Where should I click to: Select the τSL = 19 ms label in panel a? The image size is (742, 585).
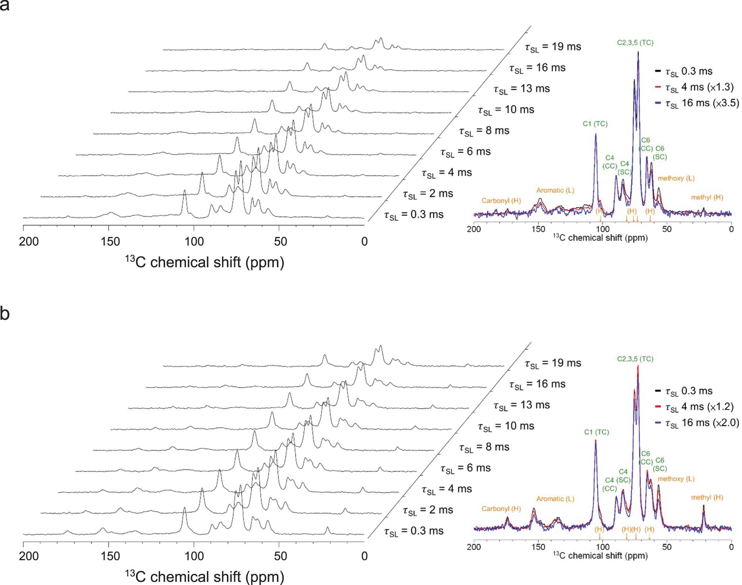point(552,47)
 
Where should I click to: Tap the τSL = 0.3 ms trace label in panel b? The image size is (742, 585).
point(414,531)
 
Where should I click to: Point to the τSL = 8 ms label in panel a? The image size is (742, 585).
point(484,131)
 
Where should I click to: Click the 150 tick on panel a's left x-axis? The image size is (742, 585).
point(110,241)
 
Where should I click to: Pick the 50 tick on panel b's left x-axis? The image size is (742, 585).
point(280,556)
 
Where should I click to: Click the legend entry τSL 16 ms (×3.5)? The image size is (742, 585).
point(701,103)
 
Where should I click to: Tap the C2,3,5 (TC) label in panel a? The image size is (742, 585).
point(635,42)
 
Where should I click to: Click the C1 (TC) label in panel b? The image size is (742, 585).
point(596,432)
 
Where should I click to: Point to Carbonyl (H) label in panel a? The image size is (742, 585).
point(501,201)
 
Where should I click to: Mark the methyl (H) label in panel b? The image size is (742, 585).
point(707,497)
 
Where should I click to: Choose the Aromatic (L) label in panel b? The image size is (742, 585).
point(555,499)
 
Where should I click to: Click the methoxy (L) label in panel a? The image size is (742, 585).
point(676,178)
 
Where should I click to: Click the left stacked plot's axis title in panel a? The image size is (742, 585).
point(204,262)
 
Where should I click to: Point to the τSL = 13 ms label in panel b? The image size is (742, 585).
point(522,405)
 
